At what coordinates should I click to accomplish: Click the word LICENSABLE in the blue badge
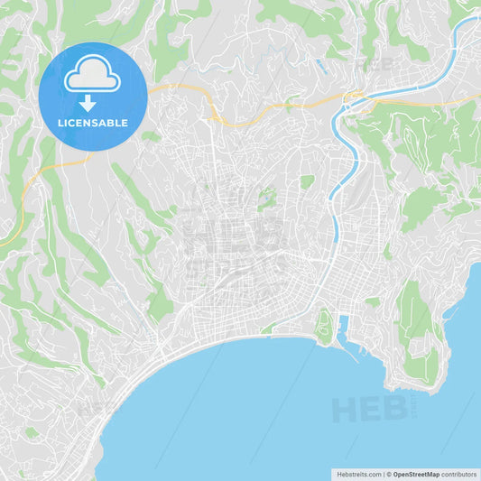92,123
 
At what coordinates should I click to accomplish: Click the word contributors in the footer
459,473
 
